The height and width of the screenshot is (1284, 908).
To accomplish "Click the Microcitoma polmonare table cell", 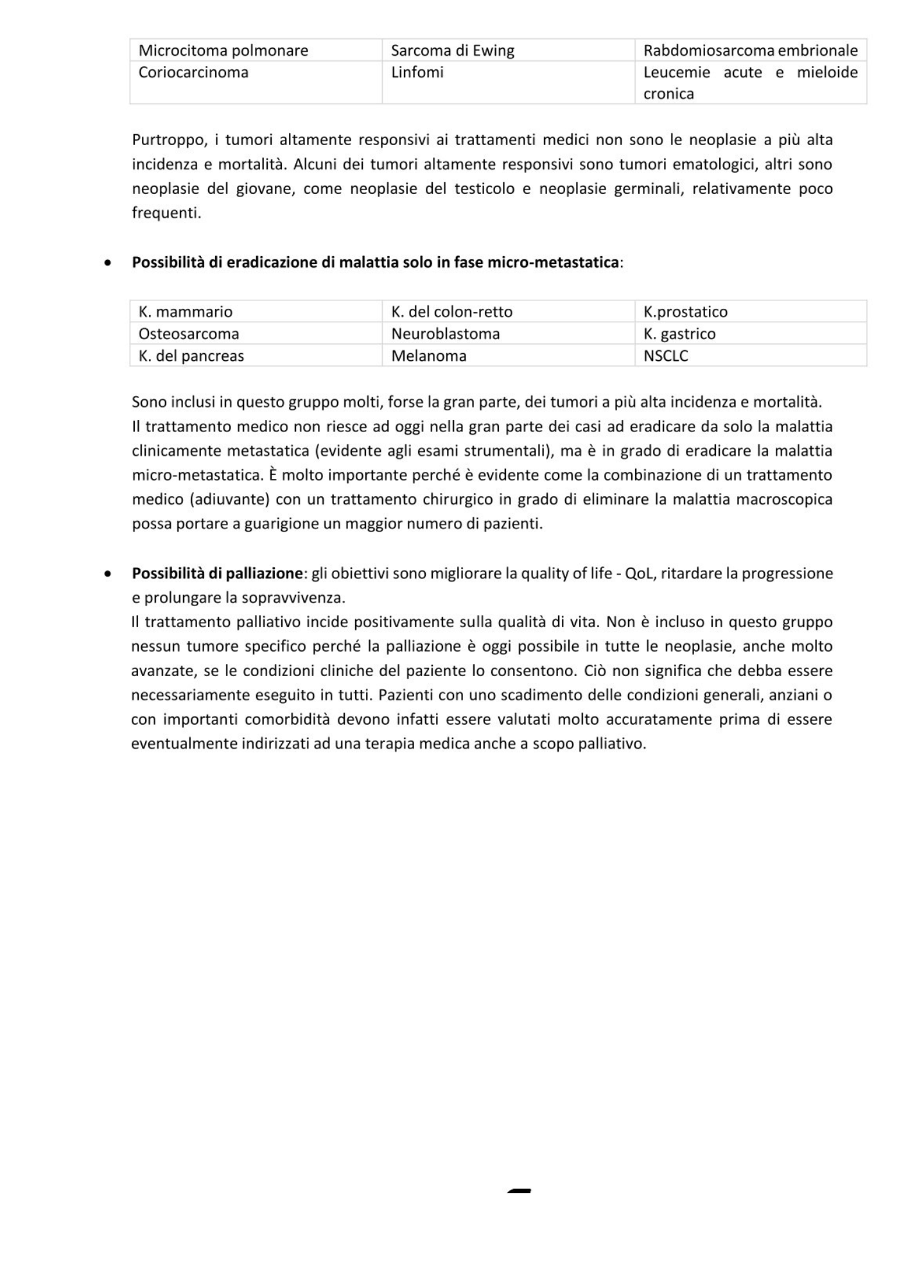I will (x=223, y=51).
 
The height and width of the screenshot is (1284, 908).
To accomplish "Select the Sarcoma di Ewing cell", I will (x=453, y=51).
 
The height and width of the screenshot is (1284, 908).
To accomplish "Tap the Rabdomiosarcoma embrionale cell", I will (x=750, y=51).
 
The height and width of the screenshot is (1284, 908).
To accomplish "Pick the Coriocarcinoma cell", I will (x=193, y=73).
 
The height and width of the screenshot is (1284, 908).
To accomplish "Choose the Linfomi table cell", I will (x=417, y=73).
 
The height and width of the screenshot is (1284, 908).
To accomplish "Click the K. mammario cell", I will (x=186, y=312).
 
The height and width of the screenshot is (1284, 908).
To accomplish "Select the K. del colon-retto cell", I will (x=452, y=312).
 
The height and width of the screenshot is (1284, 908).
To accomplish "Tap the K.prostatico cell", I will (x=685, y=312).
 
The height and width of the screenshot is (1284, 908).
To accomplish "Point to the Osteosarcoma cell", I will (x=189, y=334).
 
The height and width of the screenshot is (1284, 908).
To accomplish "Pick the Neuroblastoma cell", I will (x=446, y=334).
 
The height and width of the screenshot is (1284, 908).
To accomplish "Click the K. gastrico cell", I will (x=679, y=334).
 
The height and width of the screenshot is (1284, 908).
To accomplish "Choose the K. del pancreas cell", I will (x=191, y=356).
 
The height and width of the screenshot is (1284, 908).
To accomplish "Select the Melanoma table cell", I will (x=429, y=356).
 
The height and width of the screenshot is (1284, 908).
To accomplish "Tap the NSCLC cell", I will (x=666, y=356).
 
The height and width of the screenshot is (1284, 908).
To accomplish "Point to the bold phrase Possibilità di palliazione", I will (x=217, y=573).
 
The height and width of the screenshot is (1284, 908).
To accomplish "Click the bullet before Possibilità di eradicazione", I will (x=109, y=263).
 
